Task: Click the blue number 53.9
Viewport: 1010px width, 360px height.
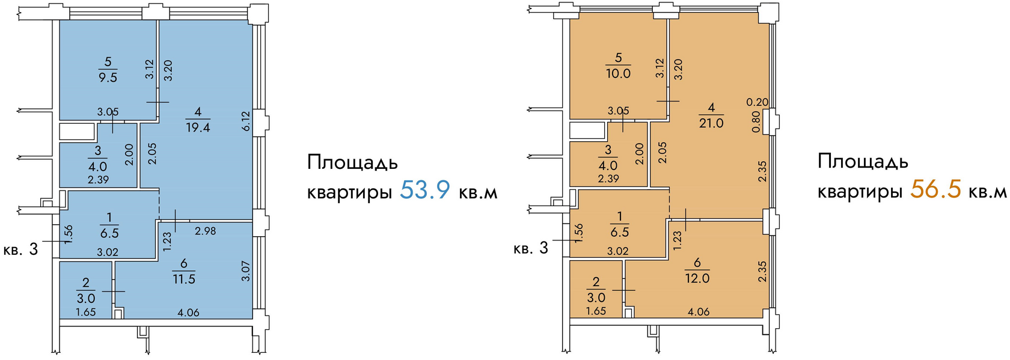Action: [x=424, y=190]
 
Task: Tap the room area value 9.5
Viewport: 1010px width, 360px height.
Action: [x=108, y=78]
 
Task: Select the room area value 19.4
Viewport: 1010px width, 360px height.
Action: [x=198, y=127]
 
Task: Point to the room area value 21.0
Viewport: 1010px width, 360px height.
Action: [x=711, y=123]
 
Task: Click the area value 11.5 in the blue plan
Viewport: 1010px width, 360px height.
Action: [x=184, y=279]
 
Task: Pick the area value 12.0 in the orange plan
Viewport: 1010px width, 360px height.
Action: [x=697, y=278]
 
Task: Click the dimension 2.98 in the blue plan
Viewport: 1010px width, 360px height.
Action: [x=205, y=231]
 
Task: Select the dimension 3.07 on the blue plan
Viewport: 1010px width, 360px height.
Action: [x=245, y=271]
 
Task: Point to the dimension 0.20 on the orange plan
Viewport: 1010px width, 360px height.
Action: [x=757, y=102]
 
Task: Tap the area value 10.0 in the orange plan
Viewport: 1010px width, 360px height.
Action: [x=618, y=73]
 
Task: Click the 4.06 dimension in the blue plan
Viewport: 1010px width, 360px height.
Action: [x=188, y=313]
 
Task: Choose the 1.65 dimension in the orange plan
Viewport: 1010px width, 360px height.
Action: [x=596, y=311]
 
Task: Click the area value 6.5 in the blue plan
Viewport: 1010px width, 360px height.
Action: [x=109, y=233]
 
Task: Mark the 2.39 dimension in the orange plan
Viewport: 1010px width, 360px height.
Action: [x=608, y=178]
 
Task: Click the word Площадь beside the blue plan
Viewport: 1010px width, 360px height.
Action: [x=352, y=163]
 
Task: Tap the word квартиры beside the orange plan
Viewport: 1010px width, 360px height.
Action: [x=860, y=192]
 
